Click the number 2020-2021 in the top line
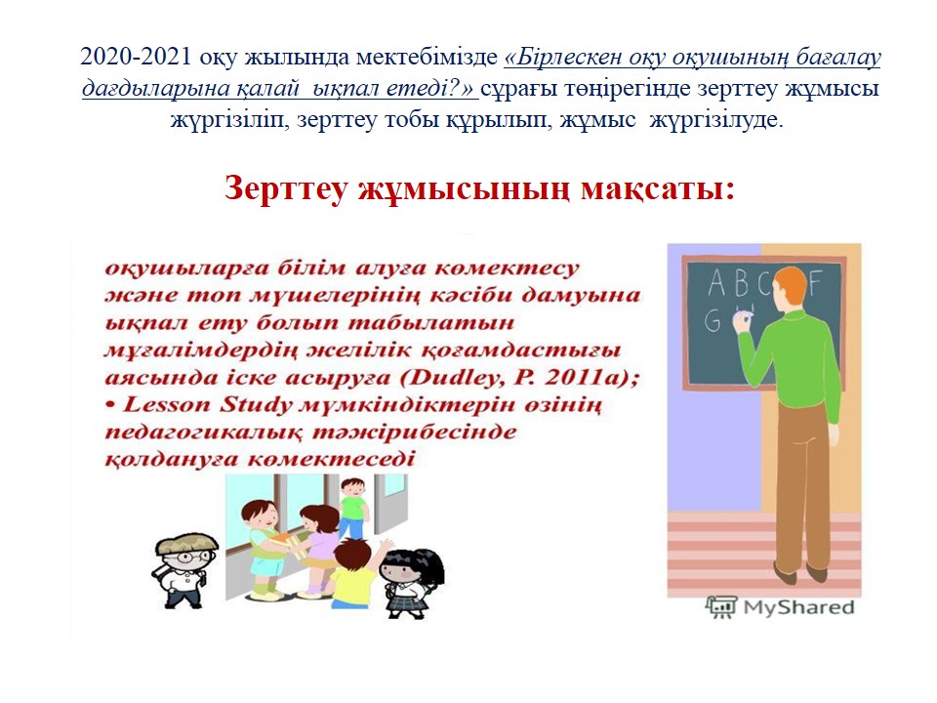[x=136, y=57]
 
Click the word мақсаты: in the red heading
[x=657, y=189]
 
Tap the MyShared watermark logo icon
[x=722, y=606]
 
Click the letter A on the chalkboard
[x=717, y=283]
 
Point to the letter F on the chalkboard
[x=815, y=282]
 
